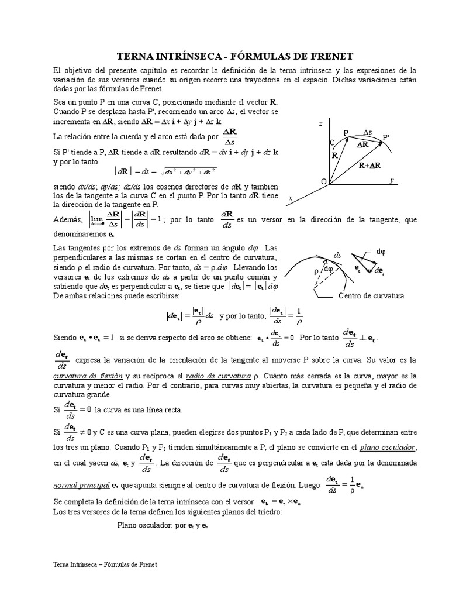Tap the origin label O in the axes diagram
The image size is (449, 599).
[x=323, y=182]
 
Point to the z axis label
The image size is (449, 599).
[x=321, y=124]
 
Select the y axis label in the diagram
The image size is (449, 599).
[x=392, y=180]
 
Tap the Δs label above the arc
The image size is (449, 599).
[x=368, y=132]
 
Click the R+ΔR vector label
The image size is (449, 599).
[x=371, y=166]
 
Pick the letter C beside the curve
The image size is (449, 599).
[x=332, y=142]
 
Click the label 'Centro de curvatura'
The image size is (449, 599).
[x=372, y=295]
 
